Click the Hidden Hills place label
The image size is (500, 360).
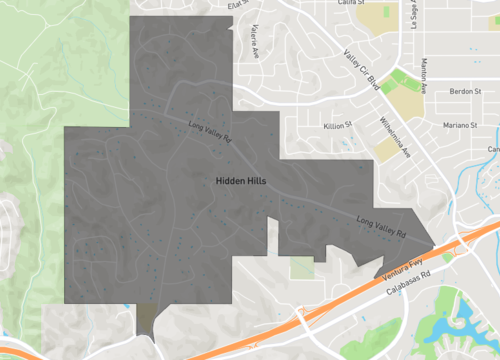pyautogui.click(x=239, y=181)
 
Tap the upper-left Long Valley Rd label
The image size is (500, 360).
pyautogui.click(x=211, y=129)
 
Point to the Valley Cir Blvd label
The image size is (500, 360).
pyautogui.click(x=361, y=69)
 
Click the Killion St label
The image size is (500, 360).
pyautogui.click(x=338, y=125)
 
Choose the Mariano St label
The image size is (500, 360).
pyautogui.click(x=462, y=125)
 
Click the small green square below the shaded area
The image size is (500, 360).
pyautogui.click(x=302, y=268)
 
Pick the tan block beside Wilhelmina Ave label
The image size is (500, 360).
pyautogui.click(x=386, y=150)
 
